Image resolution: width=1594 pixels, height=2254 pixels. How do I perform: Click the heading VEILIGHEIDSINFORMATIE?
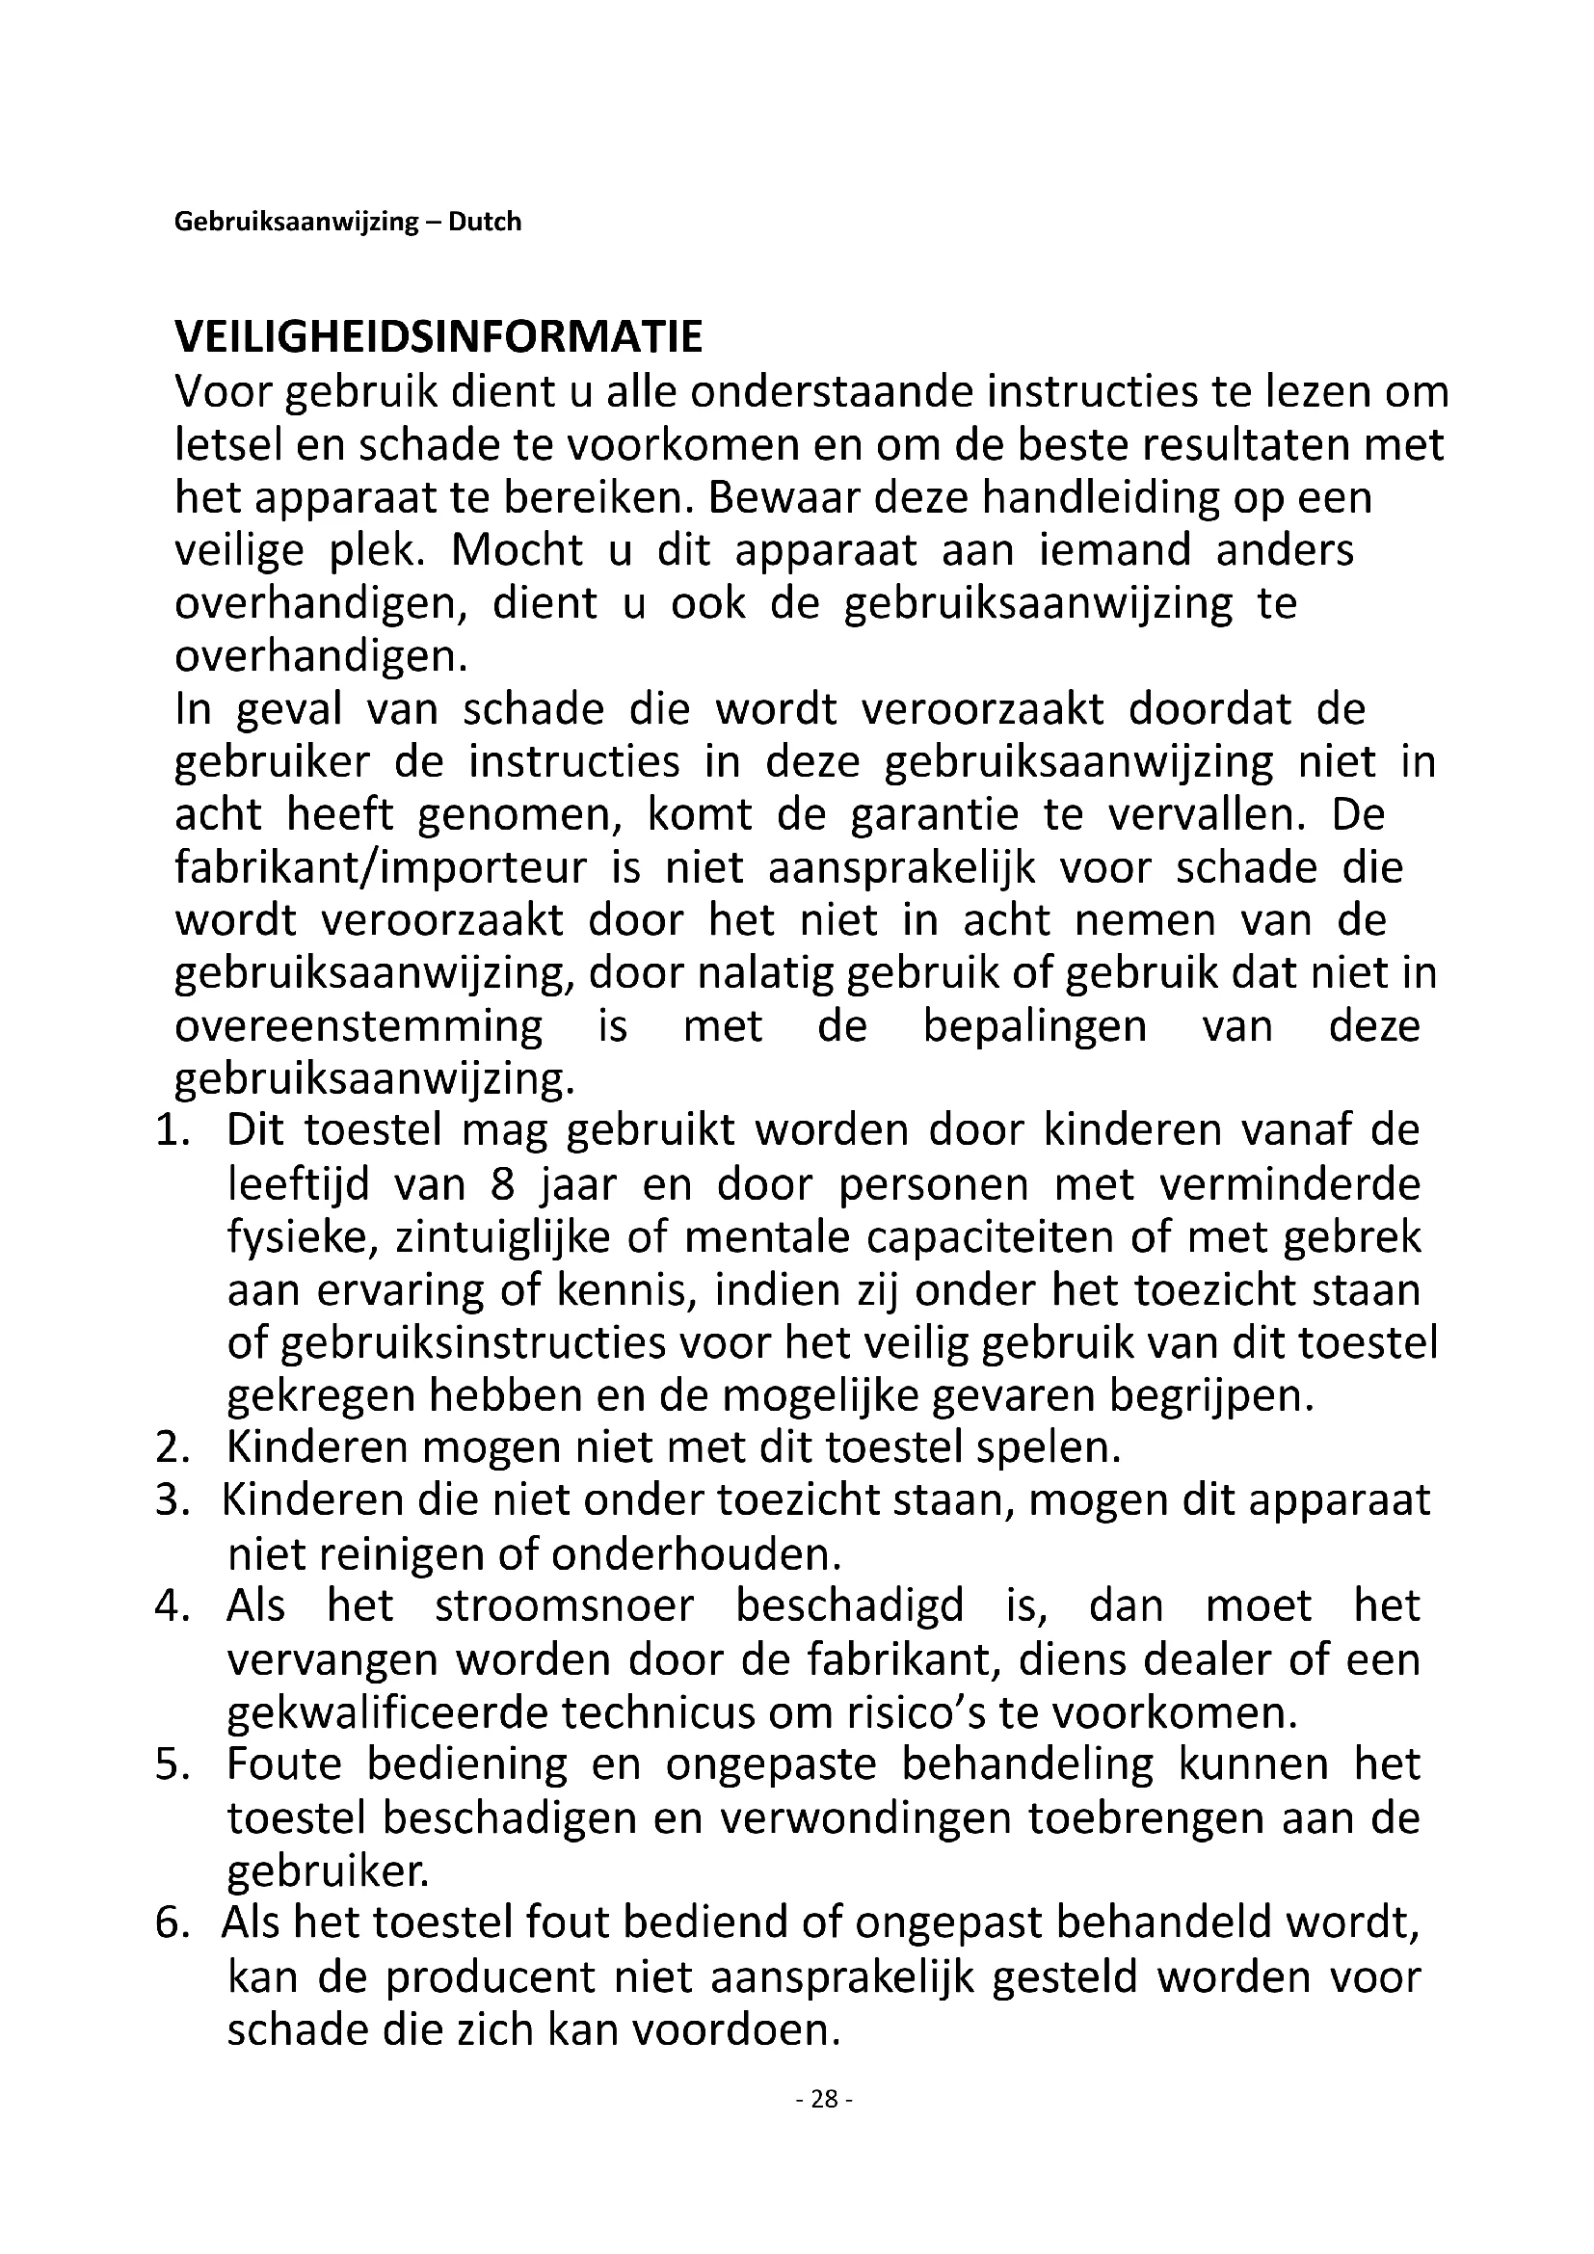[438, 336]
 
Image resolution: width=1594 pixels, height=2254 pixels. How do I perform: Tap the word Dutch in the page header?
[485, 222]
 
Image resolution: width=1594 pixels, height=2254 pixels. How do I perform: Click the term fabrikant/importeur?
[381, 868]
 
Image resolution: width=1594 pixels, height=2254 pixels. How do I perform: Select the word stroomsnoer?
[565, 1607]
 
